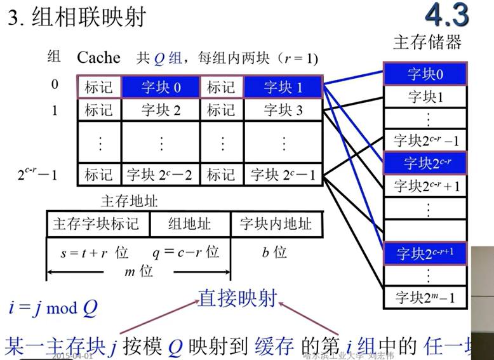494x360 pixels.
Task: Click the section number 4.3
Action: click(447, 16)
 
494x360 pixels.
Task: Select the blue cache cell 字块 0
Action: click(160, 87)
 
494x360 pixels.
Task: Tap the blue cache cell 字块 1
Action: click(283, 87)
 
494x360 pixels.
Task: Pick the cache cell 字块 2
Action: click(160, 110)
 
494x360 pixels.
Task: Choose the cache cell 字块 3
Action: click(283, 110)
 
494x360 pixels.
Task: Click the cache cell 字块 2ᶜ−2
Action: click(160, 174)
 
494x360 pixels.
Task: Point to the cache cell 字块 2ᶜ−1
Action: click(283, 174)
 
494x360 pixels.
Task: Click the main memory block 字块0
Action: click(425, 74)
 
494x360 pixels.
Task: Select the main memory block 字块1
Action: click(425, 97)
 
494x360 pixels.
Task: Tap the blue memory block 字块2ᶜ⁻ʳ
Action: click(425, 163)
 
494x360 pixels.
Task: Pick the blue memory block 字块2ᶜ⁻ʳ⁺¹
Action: click(425, 254)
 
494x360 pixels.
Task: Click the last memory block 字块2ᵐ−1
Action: click(425, 297)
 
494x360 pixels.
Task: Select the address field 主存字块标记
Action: click(96, 224)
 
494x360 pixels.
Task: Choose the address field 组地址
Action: click(189, 224)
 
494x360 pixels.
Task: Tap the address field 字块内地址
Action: click(276, 224)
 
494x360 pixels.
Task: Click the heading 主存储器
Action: click(427, 43)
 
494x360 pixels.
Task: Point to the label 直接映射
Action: click(237, 297)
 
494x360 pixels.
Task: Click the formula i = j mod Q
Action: click(53, 308)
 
